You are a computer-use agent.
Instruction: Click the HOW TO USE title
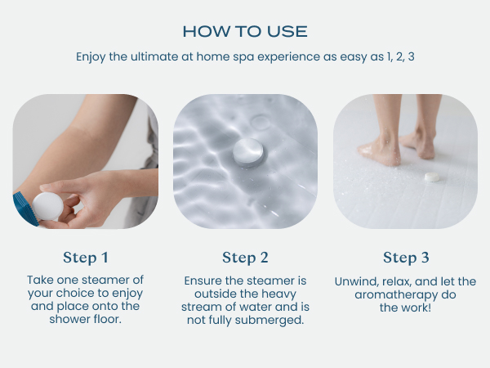click(245, 31)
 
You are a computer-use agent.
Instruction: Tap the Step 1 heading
click(86, 258)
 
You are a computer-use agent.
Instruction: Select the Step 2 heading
click(245, 258)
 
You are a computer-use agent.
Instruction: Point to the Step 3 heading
click(405, 258)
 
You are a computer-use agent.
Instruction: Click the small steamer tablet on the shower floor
click(431, 176)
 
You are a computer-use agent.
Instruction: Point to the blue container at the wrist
click(22, 209)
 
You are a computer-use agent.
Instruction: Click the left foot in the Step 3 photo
click(381, 151)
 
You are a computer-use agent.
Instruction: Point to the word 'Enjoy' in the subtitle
click(92, 57)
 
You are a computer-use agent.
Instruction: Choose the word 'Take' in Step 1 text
click(41, 280)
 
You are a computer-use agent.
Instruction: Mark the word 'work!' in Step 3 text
click(416, 307)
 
